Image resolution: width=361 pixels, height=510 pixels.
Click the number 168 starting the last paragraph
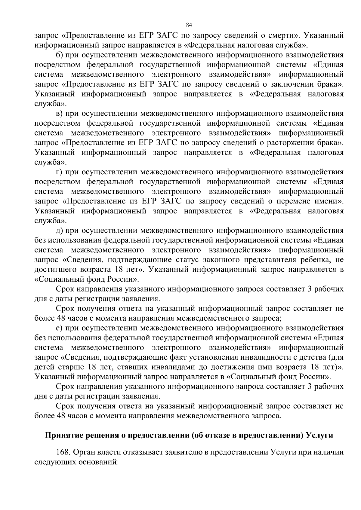pos(63,453)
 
